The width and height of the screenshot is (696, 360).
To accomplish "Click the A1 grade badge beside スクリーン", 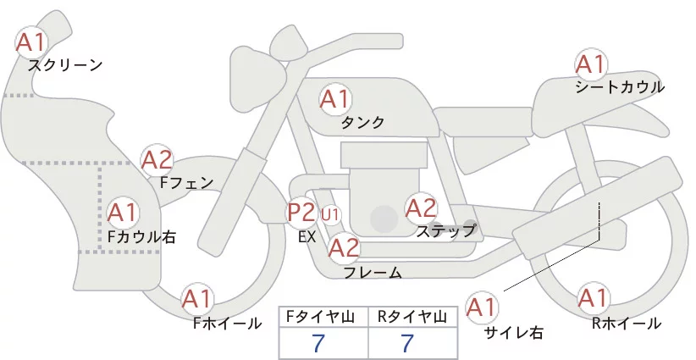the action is (32, 41).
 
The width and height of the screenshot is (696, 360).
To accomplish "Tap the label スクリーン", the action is (65, 64).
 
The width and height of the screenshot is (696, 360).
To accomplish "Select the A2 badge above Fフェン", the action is (157, 159).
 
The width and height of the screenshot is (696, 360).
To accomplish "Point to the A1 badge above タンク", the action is (334, 99).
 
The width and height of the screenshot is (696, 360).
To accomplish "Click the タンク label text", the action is (362, 123).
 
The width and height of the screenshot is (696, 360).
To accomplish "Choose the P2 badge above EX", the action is (301, 211).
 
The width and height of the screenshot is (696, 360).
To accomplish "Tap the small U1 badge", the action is (330, 214).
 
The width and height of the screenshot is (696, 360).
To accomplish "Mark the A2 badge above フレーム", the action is (344, 248).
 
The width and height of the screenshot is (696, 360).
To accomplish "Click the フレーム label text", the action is (373, 272).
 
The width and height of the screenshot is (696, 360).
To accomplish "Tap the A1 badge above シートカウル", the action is (590, 64).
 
